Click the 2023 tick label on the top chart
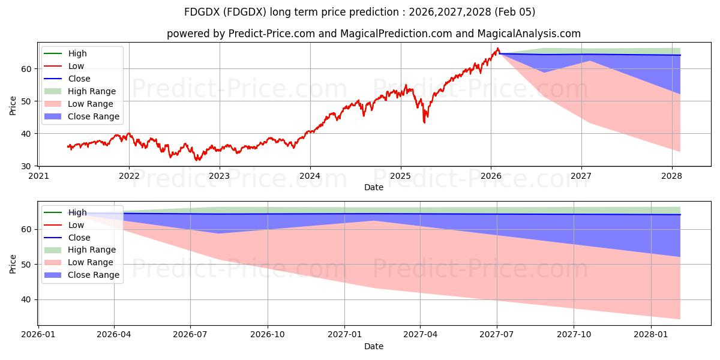[x=219, y=176]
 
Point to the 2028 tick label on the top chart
[x=671, y=176]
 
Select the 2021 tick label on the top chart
[x=38, y=176]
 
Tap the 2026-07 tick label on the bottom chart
[x=190, y=334]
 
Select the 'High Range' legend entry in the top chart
[x=92, y=91]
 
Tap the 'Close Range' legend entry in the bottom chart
[x=94, y=275]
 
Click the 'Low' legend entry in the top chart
[x=76, y=66]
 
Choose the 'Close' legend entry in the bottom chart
[x=79, y=238]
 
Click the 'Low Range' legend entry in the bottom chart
[x=91, y=262]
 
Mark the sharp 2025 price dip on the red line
[x=425, y=122]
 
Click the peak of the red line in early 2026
[x=497, y=48]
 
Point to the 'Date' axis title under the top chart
[x=373, y=187]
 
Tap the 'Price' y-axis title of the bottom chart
[x=13, y=264]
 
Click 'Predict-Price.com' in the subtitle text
[x=271, y=34]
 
